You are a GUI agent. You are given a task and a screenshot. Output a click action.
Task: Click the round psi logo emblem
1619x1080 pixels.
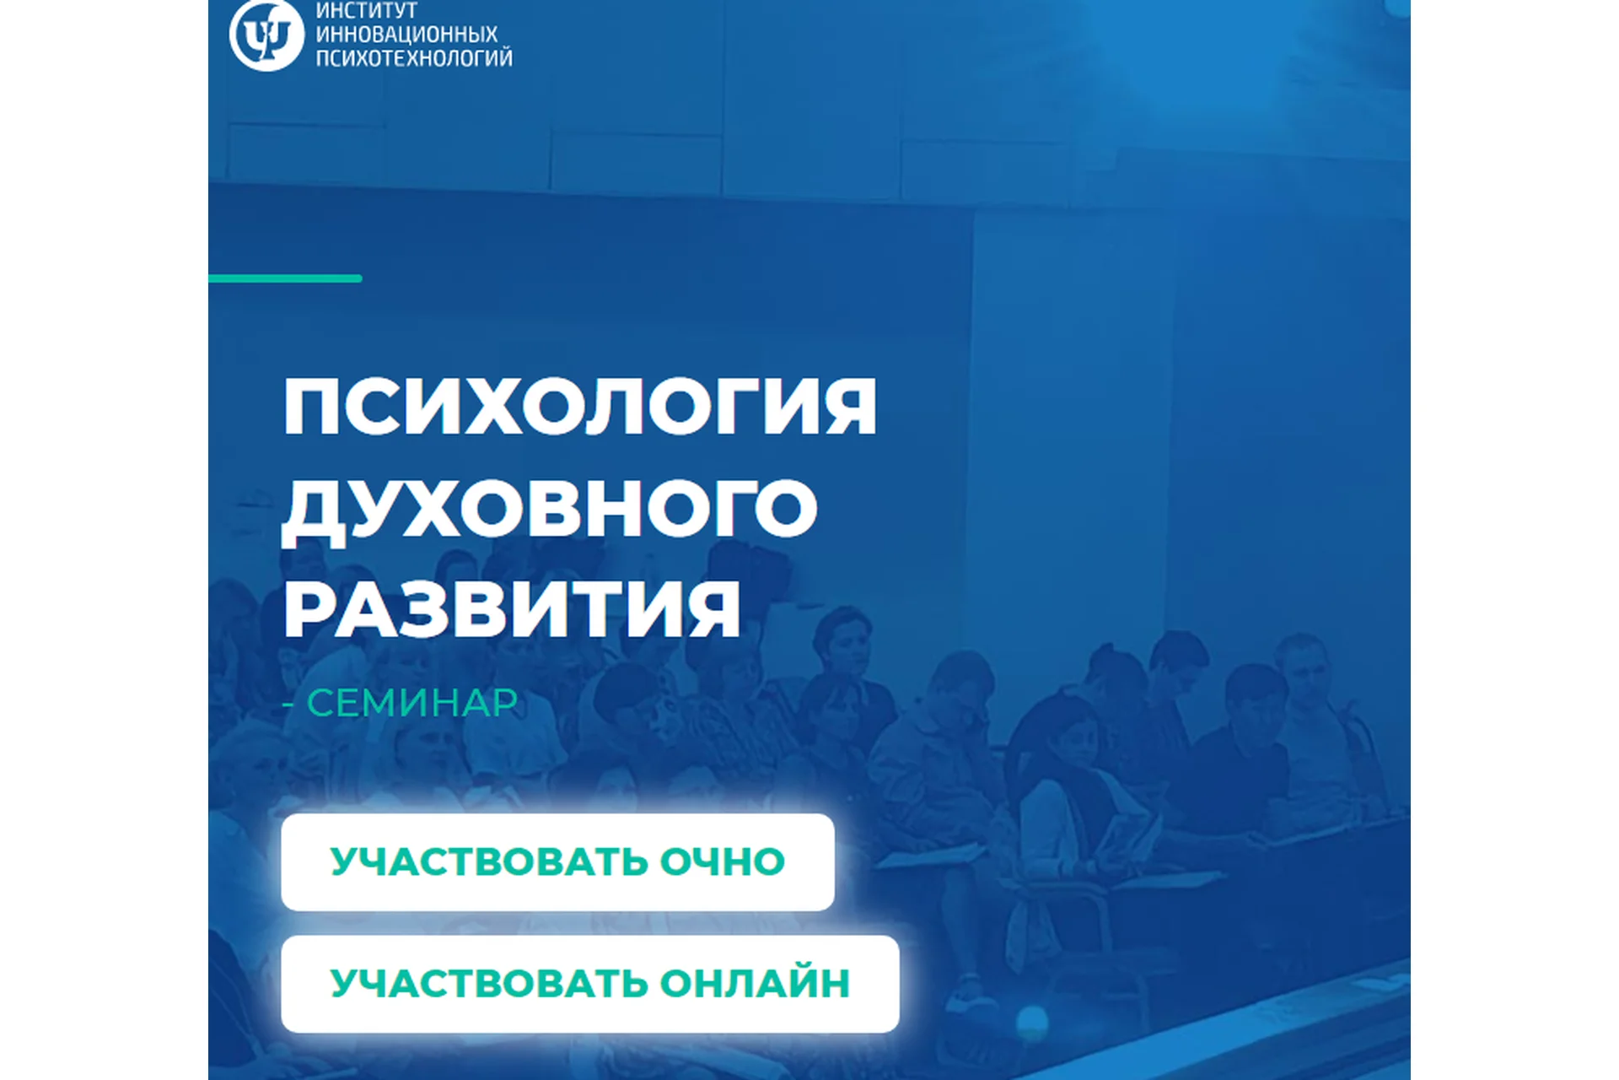(x=266, y=35)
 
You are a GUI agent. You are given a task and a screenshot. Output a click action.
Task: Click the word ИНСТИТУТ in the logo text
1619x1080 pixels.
(x=366, y=11)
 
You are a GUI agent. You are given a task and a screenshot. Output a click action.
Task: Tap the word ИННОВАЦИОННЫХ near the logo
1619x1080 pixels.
(x=406, y=35)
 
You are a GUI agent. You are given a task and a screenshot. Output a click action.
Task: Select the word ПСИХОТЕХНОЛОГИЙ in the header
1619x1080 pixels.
(x=414, y=57)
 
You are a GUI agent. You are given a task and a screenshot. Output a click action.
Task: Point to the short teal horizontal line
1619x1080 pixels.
(x=285, y=278)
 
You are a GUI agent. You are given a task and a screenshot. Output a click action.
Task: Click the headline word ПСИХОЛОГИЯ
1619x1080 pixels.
(x=580, y=407)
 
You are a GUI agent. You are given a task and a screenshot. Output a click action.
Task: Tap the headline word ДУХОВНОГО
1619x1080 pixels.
(x=550, y=508)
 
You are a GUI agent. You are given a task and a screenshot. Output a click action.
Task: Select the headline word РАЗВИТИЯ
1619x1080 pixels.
(x=512, y=609)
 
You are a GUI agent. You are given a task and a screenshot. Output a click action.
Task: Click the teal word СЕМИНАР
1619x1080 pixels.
(x=411, y=703)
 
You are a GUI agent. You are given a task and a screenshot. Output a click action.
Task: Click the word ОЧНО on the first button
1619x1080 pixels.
(x=722, y=861)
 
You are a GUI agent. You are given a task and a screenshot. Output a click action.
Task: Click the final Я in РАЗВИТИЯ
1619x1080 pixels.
(x=711, y=609)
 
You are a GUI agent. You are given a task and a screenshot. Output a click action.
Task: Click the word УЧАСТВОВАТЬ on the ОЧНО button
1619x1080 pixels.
(x=488, y=861)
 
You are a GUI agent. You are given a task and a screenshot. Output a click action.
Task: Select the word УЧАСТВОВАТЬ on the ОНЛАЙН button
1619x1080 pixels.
(x=488, y=983)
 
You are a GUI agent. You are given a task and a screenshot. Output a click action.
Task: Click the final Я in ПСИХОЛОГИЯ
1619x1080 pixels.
(x=848, y=407)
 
